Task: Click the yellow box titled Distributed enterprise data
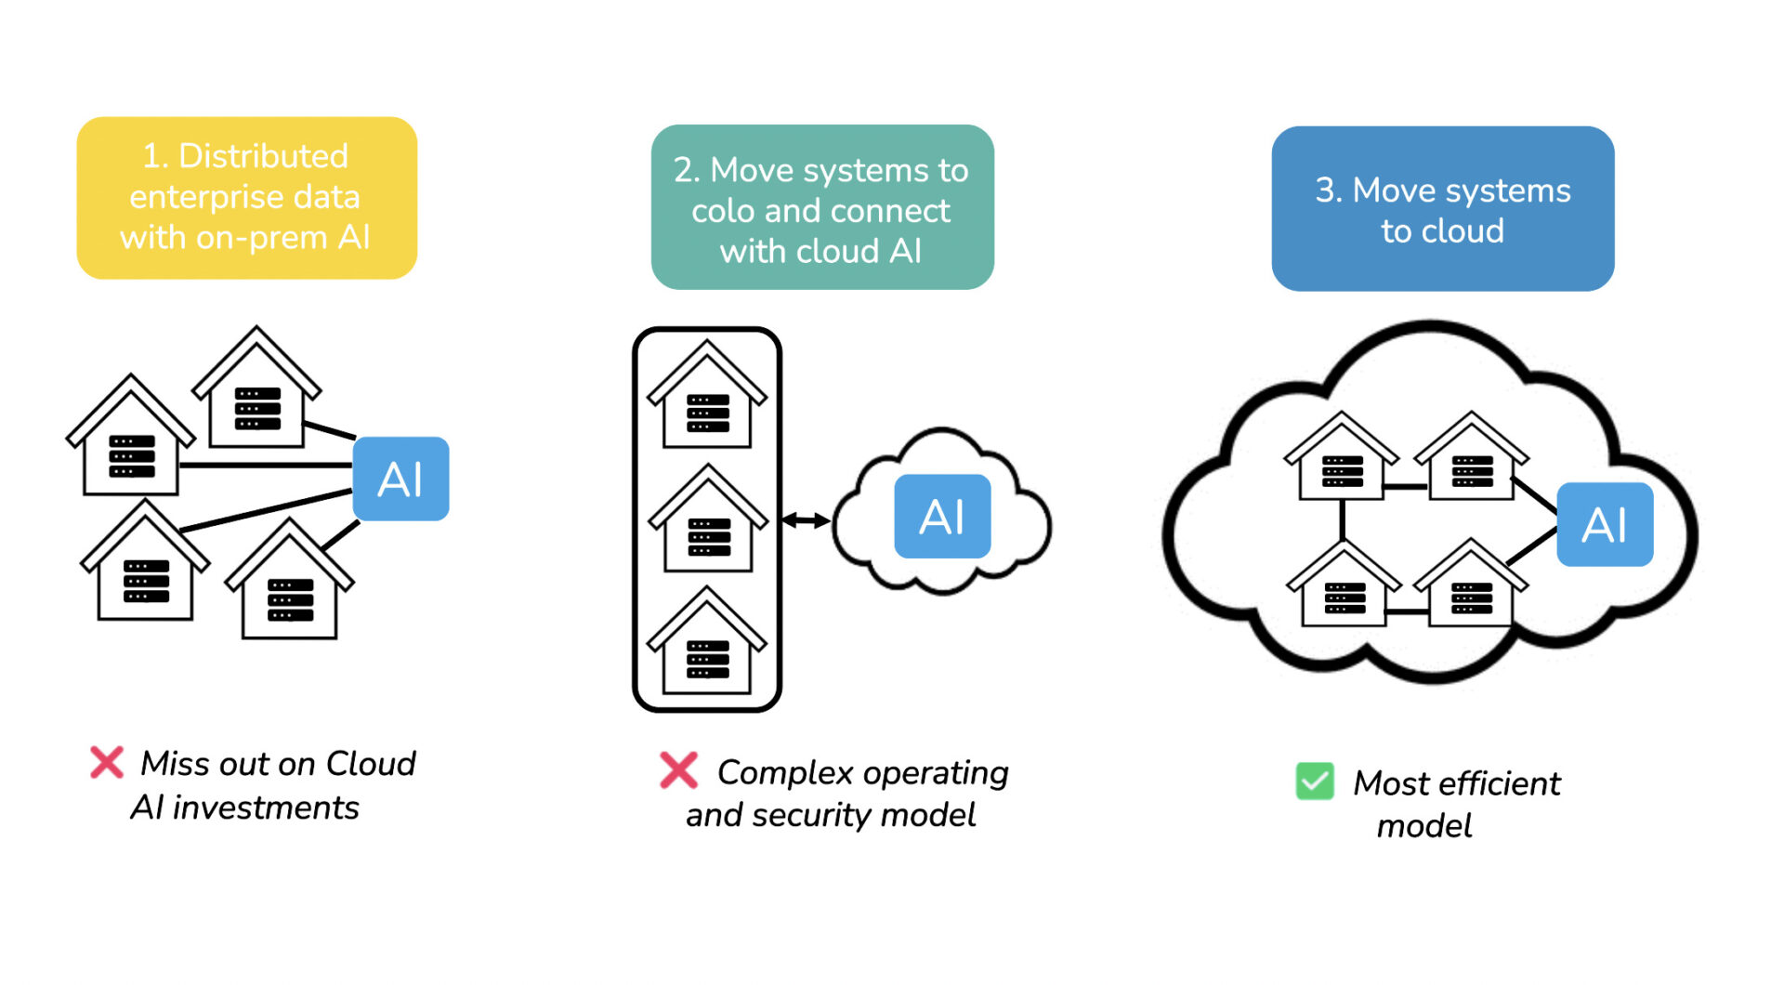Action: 246,197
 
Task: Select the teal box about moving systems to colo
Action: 821,207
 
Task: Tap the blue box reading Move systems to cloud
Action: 1442,209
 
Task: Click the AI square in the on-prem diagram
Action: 400,479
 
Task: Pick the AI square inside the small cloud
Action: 942,517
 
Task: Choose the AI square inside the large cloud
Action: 1604,524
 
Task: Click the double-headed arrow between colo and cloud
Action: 806,520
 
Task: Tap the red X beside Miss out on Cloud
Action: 107,762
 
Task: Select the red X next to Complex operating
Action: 678,770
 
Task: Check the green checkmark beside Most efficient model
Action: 1315,781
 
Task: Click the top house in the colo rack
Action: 707,398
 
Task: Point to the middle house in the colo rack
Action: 708,522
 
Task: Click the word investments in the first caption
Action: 266,808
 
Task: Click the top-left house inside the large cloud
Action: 1341,460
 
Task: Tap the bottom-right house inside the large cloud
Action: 1471,587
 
